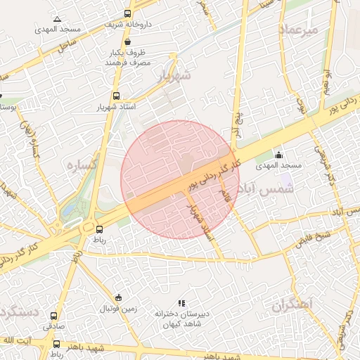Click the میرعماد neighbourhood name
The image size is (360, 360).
pyautogui.click(x=299, y=30)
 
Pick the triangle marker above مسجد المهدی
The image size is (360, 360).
pyautogui.click(x=57, y=19)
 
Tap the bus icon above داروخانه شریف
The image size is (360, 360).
pyautogui.click(x=127, y=13)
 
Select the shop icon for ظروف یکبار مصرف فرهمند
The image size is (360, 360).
pyautogui.click(x=127, y=41)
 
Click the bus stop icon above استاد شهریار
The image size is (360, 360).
pyautogui.click(x=116, y=96)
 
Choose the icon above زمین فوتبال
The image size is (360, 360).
pyautogui.click(x=118, y=297)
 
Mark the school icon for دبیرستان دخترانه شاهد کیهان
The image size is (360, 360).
pyautogui.click(x=181, y=303)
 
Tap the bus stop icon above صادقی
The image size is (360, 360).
pyautogui.click(x=54, y=316)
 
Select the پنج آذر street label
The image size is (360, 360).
pyautogui.click(x=238, y=120)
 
